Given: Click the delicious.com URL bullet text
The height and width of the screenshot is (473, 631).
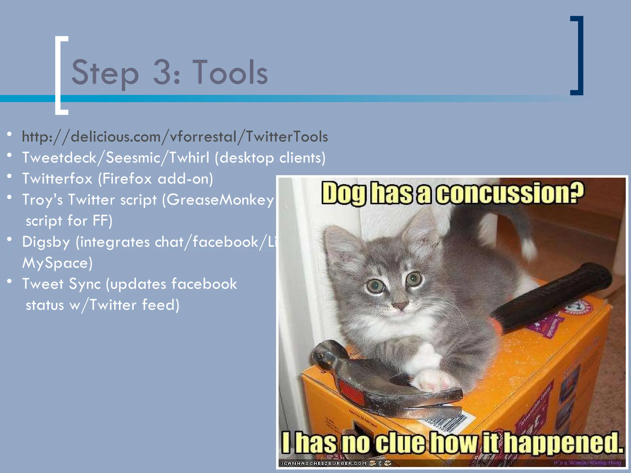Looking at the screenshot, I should (175, 137).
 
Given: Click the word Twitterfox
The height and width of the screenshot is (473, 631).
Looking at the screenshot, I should (57, 179).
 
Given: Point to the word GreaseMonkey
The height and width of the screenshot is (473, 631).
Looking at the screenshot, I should (220, 200).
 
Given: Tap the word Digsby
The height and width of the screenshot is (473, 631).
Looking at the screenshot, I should (46, 242).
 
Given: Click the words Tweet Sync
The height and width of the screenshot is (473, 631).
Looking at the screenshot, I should (61, 284).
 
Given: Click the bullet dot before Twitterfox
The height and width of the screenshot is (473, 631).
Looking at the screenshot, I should (10, 176).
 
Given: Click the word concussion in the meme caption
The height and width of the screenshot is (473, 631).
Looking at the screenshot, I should (510, 193).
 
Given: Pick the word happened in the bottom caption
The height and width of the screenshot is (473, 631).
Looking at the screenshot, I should (564, 443).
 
